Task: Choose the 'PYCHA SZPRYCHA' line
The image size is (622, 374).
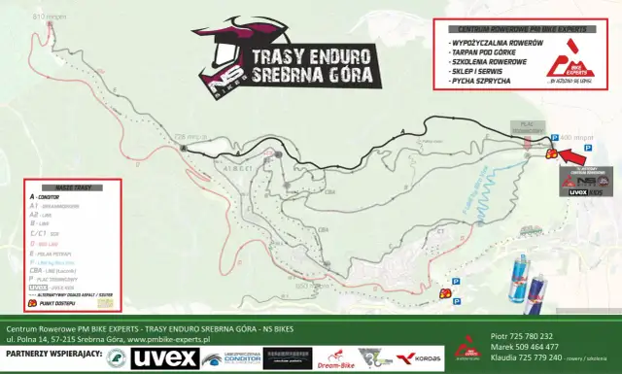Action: (476, 82)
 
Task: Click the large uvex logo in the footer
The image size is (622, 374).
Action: (164, 358)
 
